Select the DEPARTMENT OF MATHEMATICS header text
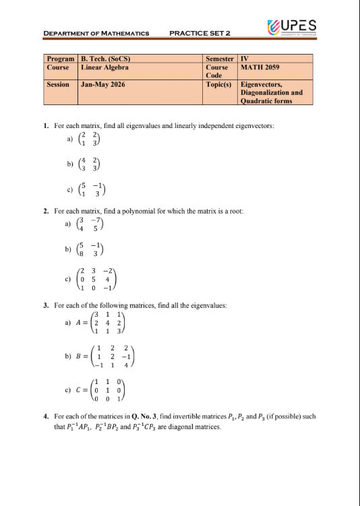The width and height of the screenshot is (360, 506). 96,33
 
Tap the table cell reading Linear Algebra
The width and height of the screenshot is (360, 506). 104,68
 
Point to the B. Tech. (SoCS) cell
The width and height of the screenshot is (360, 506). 104,59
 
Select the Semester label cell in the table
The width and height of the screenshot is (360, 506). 220,59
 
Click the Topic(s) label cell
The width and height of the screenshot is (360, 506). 219,85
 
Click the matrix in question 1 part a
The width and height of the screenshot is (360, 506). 89,139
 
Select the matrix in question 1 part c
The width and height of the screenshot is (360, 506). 91,191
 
